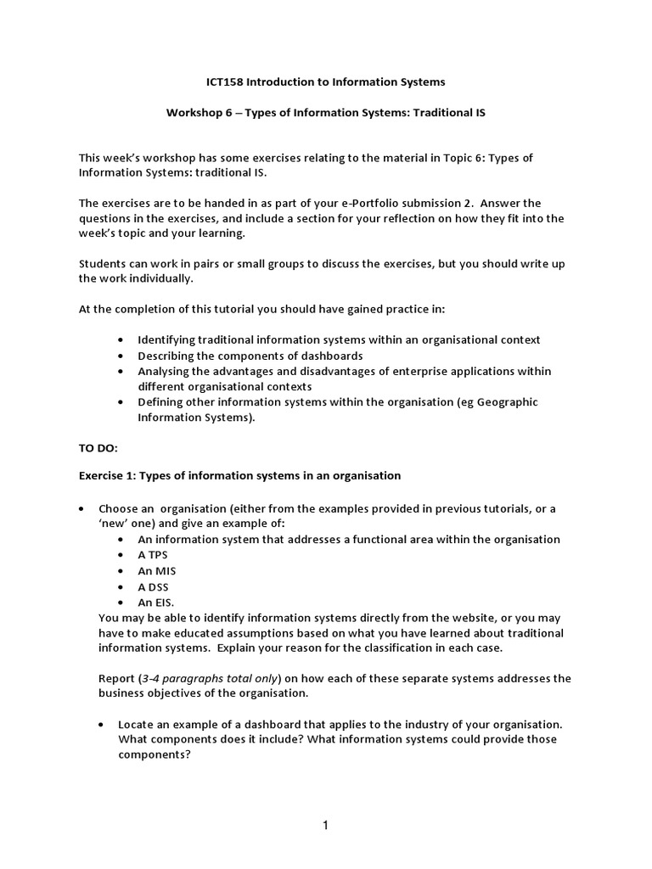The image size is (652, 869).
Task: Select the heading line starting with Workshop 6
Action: click(326, 112)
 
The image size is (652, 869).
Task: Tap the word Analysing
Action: click(165, 371)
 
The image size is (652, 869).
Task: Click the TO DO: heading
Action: click(99, 445)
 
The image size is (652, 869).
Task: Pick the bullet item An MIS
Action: click(157, 571)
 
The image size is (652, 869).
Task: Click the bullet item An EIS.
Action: click(156, 602)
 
